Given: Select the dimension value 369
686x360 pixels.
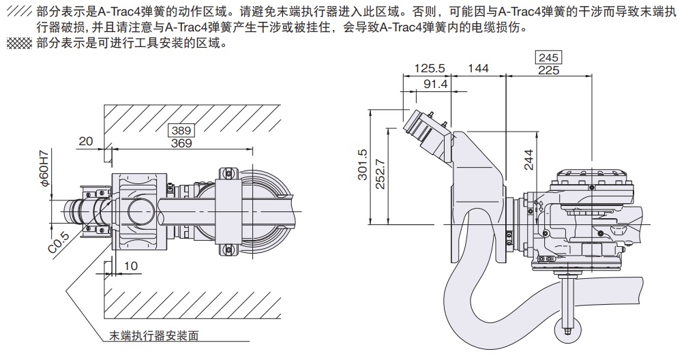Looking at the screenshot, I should tap(181, 143).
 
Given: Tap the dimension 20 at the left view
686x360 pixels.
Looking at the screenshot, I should tap(85, 141).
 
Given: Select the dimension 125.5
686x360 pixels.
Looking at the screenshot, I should tap(430, 68).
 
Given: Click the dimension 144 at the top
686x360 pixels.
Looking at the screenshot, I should tap(479, 68).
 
